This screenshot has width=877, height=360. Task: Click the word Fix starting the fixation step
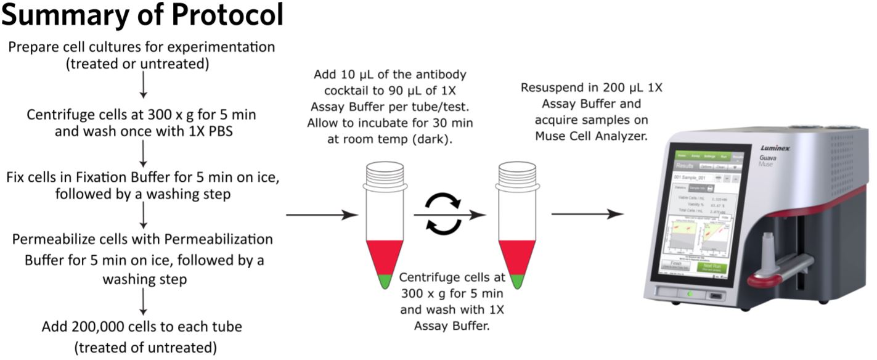coord(16,178)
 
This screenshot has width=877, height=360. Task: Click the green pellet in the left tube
coord(385,281)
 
